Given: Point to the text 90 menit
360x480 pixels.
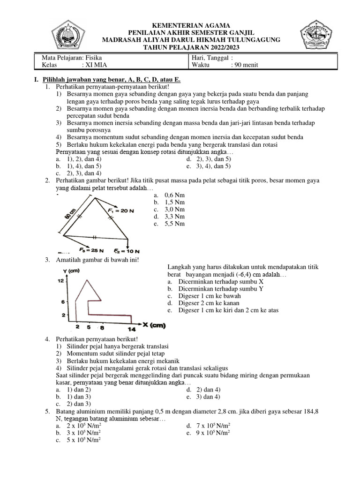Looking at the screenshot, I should [244, 65].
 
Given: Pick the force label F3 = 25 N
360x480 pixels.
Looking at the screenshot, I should [91, 249].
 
